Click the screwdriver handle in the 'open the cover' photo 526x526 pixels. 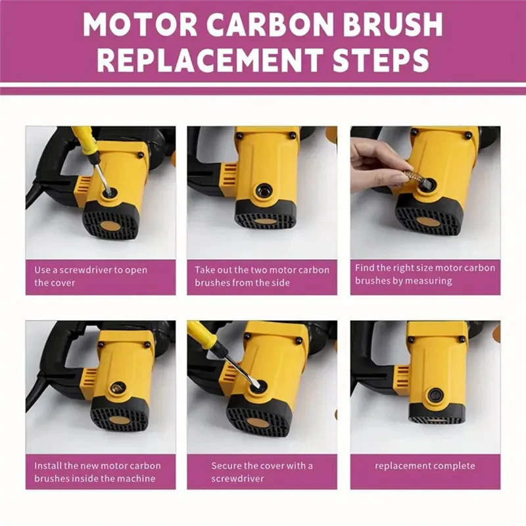tap(84, 139)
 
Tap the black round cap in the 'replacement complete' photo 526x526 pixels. tap(435, 395)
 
